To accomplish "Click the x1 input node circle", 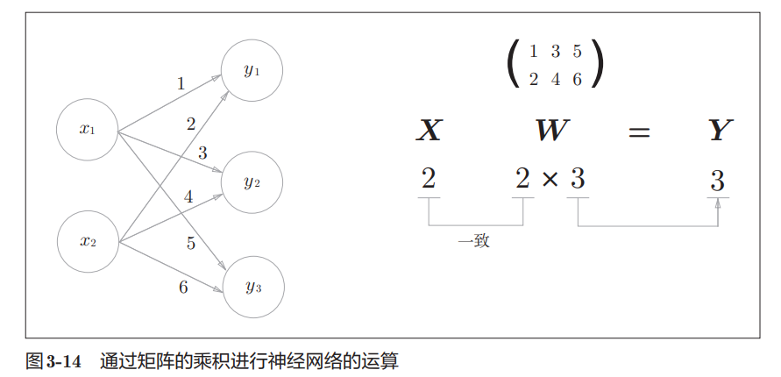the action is coord(87,130).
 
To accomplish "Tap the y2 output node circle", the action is coord(252,182).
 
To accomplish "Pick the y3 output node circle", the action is coord(252,287).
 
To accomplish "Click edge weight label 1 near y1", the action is coord(181,84).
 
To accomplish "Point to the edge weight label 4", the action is coord(188,197).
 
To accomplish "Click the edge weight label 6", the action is coord(183,287).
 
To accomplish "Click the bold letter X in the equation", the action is coord(428,132).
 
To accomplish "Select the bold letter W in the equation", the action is coord(551,132).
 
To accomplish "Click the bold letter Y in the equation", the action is coord(719,132).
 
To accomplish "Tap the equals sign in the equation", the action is coord(639,132).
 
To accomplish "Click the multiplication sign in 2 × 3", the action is coord(550,180).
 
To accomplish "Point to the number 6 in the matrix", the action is coord(577,80).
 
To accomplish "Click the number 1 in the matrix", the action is coord(533,52).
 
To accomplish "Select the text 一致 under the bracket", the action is coord(474,241).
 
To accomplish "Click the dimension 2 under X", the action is coord(428,180).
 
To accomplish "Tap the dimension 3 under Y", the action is coord(717,181).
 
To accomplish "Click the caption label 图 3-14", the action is coord(55,360).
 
